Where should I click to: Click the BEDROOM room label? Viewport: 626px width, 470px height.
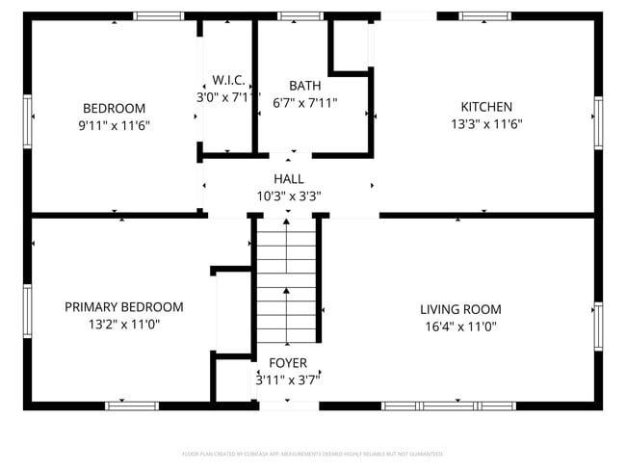click(x=114, y=108)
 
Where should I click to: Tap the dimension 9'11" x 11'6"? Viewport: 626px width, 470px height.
click(x=114, y=125)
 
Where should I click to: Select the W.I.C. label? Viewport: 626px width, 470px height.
click(x=228, y=80)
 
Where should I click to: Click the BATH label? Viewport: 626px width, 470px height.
click(x=305, y=86)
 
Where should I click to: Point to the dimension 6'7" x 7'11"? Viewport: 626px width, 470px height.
click(x=305, y=102)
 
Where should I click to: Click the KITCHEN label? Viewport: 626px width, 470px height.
click(x=486, y=107)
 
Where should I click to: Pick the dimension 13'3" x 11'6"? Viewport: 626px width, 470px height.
click(x=486, y=124)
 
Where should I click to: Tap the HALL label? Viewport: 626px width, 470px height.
click(x=288, y=179)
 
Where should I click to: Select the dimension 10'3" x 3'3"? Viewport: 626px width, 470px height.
click(x=288, y=196)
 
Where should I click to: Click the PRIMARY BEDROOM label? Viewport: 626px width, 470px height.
click(x=123, y=307)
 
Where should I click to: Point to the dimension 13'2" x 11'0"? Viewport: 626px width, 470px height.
click(x=123, y=325)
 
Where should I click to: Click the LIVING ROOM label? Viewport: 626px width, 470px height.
click(x=460, y=309)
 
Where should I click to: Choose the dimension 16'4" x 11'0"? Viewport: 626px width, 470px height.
click(x=460, y=326)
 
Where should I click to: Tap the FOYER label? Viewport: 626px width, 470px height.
click(x=288, y=363)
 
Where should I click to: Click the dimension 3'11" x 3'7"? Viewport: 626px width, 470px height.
click(x=288, y=379)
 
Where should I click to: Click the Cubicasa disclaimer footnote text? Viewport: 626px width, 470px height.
click(x=312, y=454)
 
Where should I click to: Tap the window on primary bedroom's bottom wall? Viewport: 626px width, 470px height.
click(x=132, y=405)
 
